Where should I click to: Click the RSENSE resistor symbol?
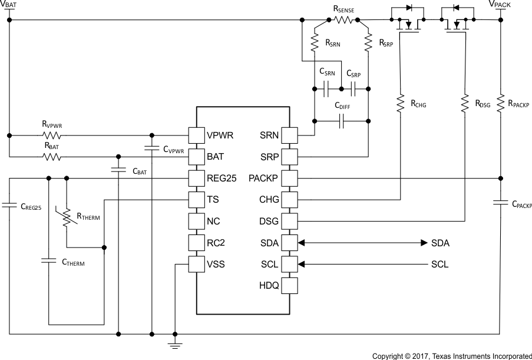click(343, 20)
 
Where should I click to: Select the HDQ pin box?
click(290, 286)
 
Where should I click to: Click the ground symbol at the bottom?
click(175, 344)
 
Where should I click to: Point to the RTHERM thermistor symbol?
click(67, 216)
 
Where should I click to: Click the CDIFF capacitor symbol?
click(342, 121)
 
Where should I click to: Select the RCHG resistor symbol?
click(401, 103)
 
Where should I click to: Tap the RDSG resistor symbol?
click(465, 103)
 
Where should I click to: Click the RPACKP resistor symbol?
click(500, 103)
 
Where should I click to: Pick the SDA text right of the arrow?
click(440, 243)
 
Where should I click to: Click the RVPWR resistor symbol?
click(51, 135)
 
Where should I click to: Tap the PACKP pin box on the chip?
click(290, 178)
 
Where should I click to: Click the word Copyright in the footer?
click(389, 355)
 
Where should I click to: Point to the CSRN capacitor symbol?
click(326, 90)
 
